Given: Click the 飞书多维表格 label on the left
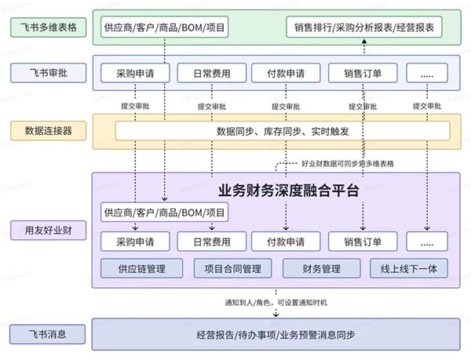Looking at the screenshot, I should [x=45, y=28].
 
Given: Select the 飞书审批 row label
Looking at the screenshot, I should [x=45, y=73].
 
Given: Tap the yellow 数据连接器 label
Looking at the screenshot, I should [x=45, y=131].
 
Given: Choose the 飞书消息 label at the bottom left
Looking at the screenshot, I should [x=45, y=334].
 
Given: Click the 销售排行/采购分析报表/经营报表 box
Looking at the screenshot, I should [x=365, y=28].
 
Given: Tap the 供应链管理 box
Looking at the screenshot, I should [x=142, y=269].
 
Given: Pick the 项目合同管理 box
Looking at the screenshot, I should [x=233, y=269].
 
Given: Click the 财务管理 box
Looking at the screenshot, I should [x=319, y=269].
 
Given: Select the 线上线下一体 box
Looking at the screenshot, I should [x=409, y=269].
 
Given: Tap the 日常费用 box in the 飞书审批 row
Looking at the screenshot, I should [x=211, y=74].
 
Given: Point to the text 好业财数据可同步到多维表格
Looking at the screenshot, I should [x=348, y=164].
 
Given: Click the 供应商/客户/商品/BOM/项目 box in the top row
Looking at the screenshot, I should [x=164, y=28].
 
